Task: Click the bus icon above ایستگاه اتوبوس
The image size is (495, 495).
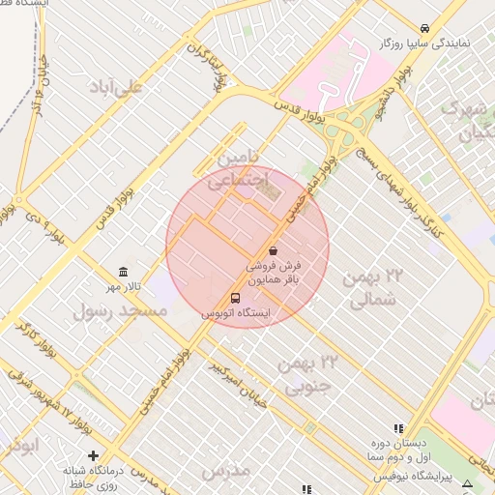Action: click(x=236, y=298)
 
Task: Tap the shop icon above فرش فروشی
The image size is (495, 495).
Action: click(x=273, y=250)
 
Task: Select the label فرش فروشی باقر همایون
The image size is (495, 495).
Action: click(x=273, y=272)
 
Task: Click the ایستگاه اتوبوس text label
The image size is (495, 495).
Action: click(x=236, y=314)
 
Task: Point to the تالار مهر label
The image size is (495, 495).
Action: click(x=123, y=287)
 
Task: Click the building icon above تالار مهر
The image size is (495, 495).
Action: click(x=123, y=272)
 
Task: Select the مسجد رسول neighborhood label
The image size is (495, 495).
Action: click(x=121, y=310)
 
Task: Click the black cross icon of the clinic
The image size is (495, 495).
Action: click(x=93, y=455)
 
